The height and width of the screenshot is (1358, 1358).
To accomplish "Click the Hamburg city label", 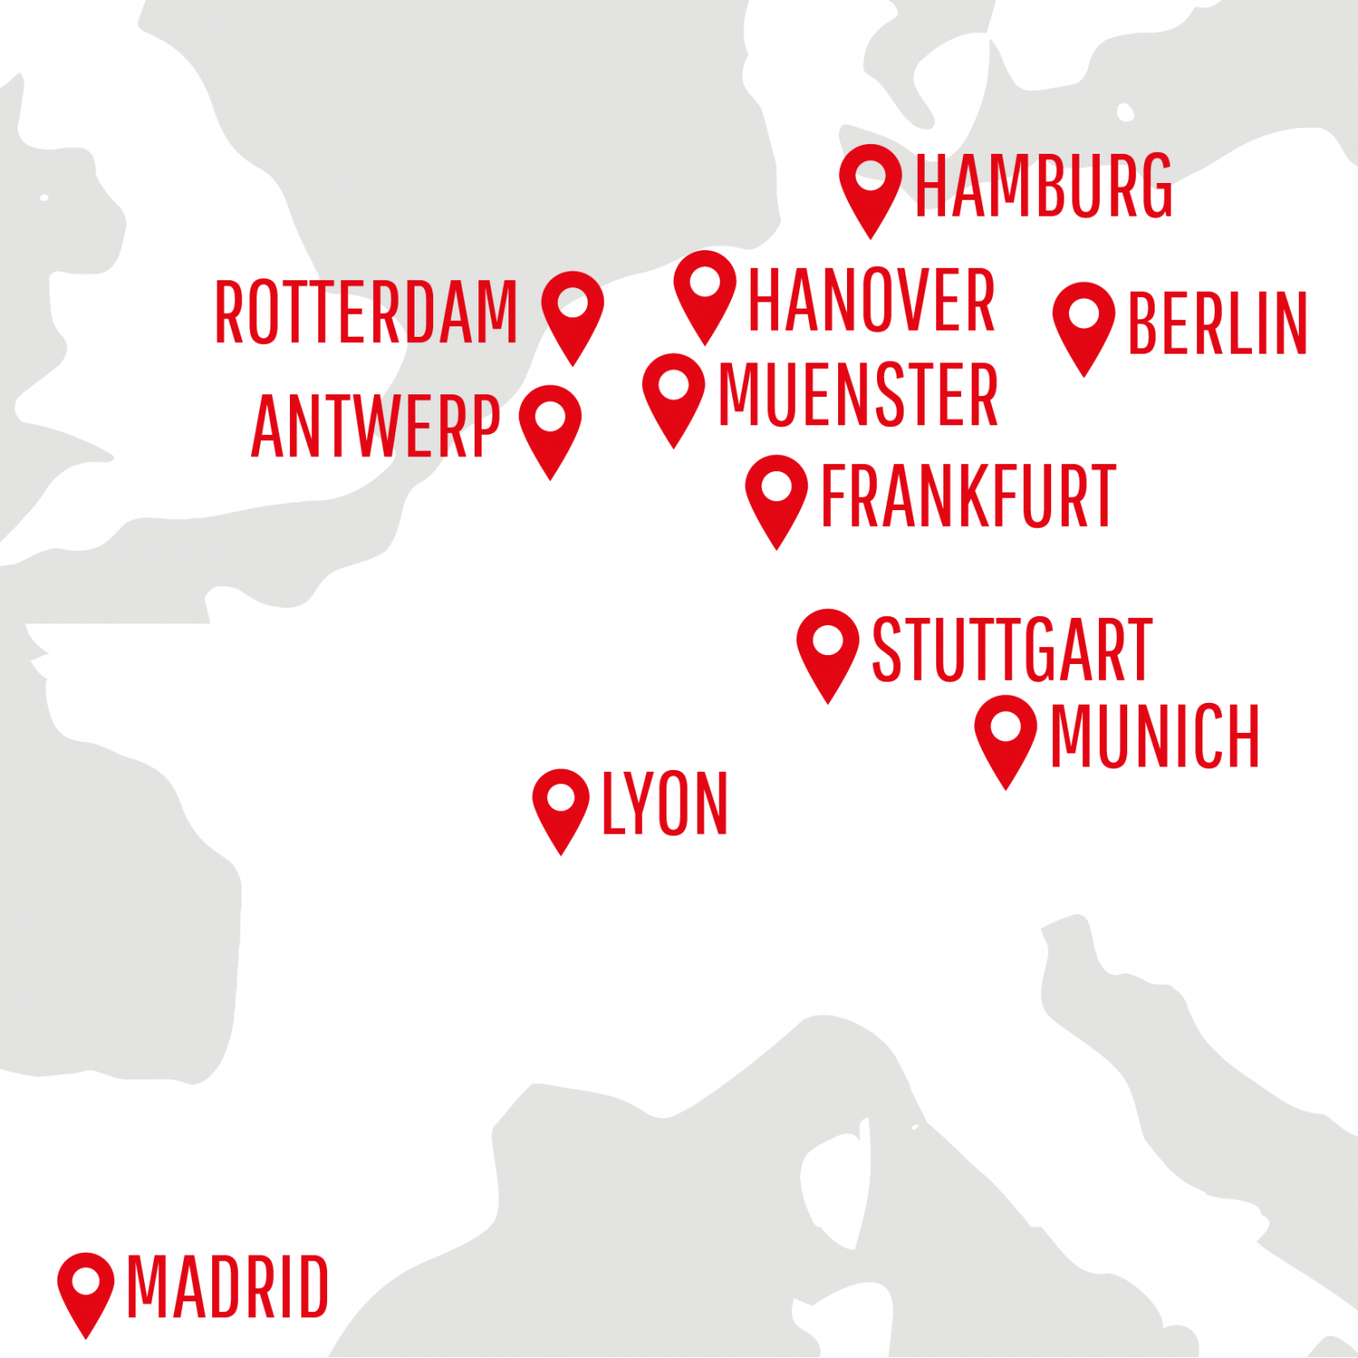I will pyautogui.click(x=1043, y=186).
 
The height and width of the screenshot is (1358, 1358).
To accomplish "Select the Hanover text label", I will pyautogui.click(x=872, y=301).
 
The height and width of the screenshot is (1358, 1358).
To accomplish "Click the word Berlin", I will pyautogui.click(x=1217, y=324).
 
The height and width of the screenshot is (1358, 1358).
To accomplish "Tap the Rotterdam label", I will pyautogui.click(x=366, y=312).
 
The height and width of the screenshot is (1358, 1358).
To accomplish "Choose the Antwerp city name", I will pyautogui.click(x=376, y=427).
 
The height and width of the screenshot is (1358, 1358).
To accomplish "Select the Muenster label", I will pyautogui.click(x=858, y=394).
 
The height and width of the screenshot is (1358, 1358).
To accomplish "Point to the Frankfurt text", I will pyautogui.click(x=969, y=496).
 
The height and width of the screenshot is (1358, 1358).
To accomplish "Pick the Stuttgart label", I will pyautogui.click(x=1012, y=650).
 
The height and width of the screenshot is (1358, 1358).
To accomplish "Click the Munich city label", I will pyautogui.click(x=1155, y=736).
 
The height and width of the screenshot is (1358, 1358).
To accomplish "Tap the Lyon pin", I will pyautogui.click(x=561, y=803).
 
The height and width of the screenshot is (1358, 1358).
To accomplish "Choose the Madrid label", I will pyautogui.click(x=228, y=1287).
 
